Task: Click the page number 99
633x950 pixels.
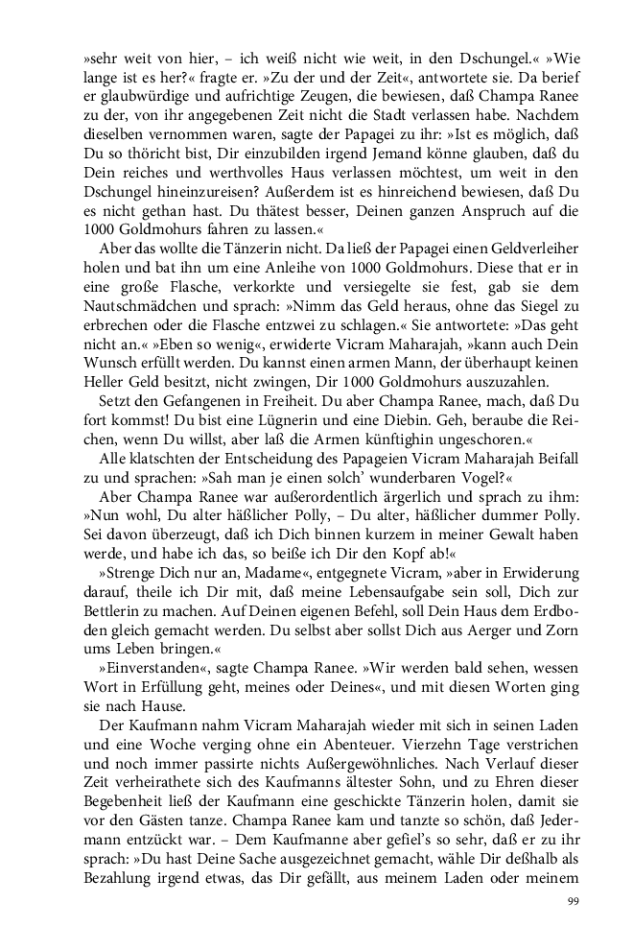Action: pos(573,900)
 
